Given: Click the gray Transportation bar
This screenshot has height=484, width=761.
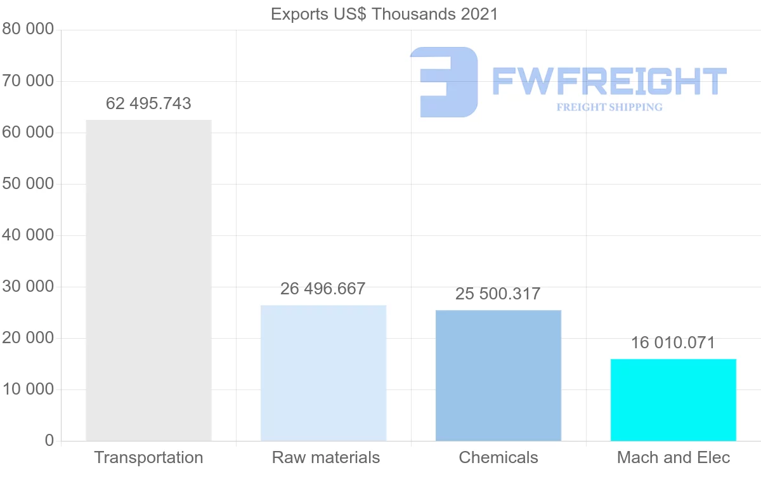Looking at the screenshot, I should coord(148,280).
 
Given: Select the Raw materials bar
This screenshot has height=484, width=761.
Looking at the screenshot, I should coord(323,372).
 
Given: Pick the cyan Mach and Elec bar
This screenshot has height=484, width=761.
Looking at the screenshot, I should coord(673,400).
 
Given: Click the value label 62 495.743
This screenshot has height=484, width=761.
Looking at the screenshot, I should coord(148,103).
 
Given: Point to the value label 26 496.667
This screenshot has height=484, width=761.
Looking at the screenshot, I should coord(323,289).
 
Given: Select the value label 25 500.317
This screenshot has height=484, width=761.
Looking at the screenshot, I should coord(498,294).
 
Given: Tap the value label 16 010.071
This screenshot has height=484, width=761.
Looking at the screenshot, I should coord(673,343).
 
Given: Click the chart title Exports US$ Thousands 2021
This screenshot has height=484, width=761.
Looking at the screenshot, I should coord(384,14).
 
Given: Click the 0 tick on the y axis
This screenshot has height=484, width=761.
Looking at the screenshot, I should coord(49,440).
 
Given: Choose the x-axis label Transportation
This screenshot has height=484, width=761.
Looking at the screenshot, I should coord(148,457).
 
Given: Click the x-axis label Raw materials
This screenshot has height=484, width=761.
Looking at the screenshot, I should coord(326,457).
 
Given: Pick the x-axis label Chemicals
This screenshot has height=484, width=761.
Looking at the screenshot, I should coord(498,457).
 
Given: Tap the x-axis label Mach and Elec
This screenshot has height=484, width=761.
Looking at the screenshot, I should coord(673,457).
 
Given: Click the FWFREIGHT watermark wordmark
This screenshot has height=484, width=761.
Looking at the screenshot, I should coord(609,81).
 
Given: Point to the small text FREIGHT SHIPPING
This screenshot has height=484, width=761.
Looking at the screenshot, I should coord(609,107).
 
